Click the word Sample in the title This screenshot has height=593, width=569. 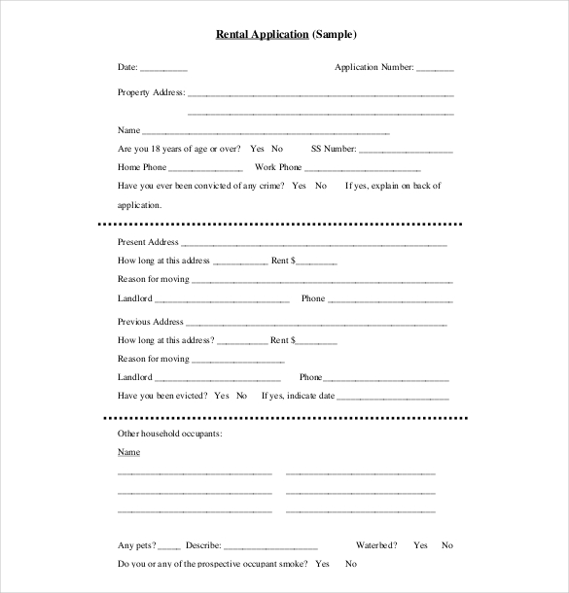(x=335, y=35)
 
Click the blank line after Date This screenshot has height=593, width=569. (x=164, y=68)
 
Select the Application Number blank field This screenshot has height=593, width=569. (x=436, y=68)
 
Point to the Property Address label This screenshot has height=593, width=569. (x=150, y=92)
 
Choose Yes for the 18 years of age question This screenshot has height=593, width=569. (x=257, y=149)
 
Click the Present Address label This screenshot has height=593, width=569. (x=148, y=241)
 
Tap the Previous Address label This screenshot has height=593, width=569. (x=150, y=321)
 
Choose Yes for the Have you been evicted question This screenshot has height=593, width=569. (x=221, y=396)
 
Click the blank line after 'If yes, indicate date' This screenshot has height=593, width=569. (x=393, y=397)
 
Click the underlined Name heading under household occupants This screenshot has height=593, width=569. (x=128, y=452)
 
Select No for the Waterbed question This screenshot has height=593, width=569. (x=447, y=545)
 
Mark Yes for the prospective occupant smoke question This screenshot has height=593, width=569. (x=323, y=564)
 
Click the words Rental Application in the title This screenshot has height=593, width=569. (x=261, y=35)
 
